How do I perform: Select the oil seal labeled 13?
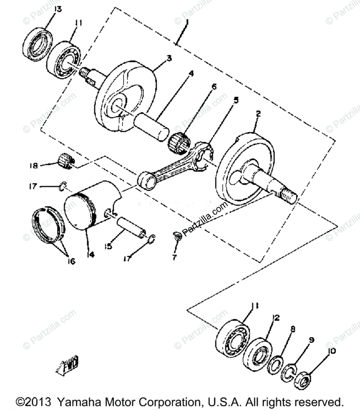click(x=37, y=42)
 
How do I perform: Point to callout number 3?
click(x=169, y=59)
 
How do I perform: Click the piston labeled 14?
click(x=91, y=206)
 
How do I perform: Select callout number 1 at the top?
click(x=186, y=24)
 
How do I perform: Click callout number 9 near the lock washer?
click(x=311, y=340)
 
